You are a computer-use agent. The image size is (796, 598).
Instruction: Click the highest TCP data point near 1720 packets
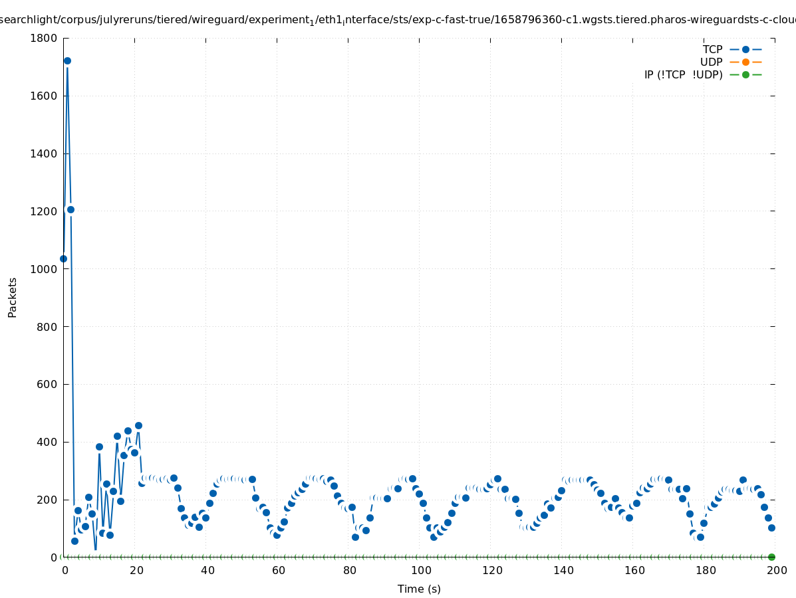point(67,60)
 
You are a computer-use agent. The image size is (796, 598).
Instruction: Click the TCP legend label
point(712,49)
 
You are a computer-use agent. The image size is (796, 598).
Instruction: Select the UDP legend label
point(711,62)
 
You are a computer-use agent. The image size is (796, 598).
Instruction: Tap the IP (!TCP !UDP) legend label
point(683,75)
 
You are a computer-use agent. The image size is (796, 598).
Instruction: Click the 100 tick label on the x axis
point(420,570)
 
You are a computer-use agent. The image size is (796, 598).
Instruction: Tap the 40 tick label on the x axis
point(207,570)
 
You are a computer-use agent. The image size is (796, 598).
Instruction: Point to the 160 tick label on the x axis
point(634,570)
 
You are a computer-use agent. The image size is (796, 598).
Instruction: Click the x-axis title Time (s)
point(419,589)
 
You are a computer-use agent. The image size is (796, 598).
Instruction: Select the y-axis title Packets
point(13,297)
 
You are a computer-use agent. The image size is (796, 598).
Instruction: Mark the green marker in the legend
point(745,74)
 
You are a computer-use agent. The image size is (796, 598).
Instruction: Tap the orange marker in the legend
point(745,62)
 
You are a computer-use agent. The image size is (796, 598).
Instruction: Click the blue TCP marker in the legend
point(745,49)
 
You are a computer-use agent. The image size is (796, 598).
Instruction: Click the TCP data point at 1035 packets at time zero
point(63,258)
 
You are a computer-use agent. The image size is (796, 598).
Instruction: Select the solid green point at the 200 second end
point(771,557)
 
